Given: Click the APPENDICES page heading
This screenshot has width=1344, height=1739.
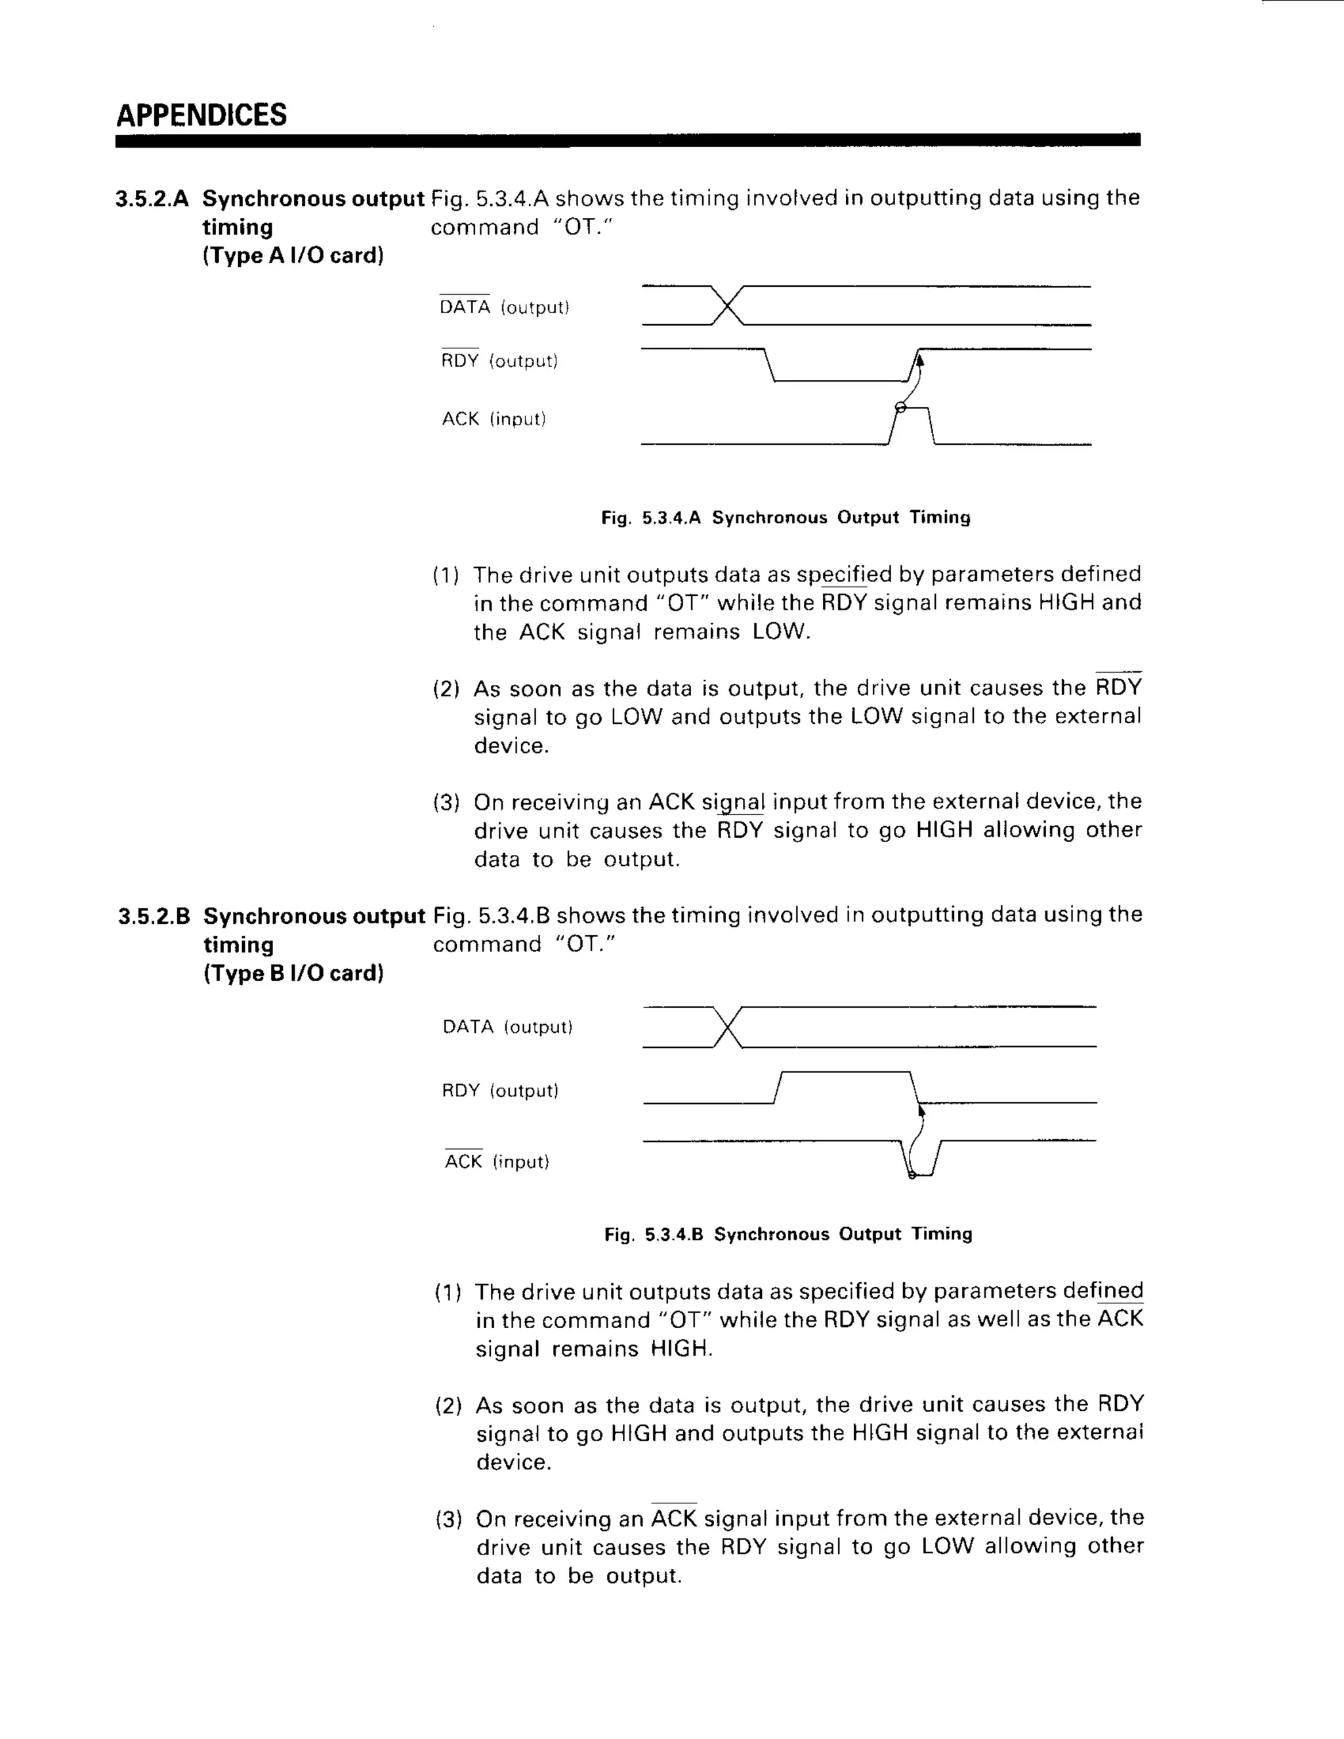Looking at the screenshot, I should tap(201, 115).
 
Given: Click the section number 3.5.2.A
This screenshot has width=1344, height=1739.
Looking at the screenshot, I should tap(152, 199).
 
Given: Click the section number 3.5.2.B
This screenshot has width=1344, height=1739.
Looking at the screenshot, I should tap(154, 917).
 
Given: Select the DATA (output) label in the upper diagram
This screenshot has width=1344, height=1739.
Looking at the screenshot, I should tap(504, 307).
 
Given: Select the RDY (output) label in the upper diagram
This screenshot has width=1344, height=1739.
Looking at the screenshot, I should tap(499, 362).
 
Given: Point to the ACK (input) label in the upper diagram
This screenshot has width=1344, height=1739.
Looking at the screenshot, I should tap(493, 419).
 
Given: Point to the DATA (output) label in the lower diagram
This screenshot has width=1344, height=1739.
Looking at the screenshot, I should tap(507, 1027).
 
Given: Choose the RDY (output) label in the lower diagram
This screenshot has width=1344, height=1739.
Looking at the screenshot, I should tap(500, 1091).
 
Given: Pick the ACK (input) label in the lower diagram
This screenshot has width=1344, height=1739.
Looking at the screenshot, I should tap(497, 1162).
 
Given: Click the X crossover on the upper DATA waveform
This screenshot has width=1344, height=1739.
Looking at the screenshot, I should tap(726, 306).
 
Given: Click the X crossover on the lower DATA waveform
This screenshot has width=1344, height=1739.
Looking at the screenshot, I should tap(728, 1028).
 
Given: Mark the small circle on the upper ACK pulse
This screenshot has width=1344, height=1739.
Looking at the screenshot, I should tap(900, 408).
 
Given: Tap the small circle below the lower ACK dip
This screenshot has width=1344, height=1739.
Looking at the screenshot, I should tap(912, 1175).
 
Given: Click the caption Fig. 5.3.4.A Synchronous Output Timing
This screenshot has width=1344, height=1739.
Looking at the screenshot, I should tap(786, 518).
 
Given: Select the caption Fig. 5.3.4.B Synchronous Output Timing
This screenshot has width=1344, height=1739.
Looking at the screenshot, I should tap(788, 1235).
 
